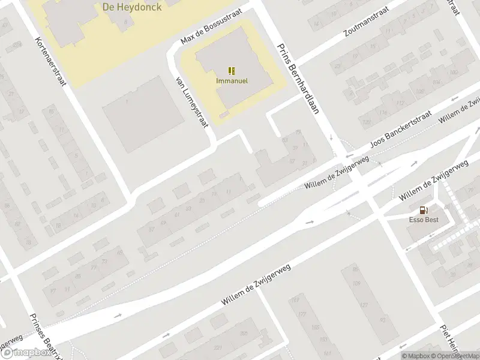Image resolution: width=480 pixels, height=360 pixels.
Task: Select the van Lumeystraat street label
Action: pyautogui.click(x=190, y=101)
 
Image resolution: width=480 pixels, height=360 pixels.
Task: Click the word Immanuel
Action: pyautogui.click(x=232, y=80)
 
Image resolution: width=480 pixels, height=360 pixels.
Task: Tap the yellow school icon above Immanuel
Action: pyautogui.click(x=232, y=70)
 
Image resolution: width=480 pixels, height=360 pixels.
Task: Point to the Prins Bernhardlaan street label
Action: pyautogui.click(x=298, y=79)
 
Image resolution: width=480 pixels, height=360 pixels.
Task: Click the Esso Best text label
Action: pyautogui.click(x=424, y=220)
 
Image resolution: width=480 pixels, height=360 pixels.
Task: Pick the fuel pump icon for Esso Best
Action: pyautogui.click(x=424, y=210)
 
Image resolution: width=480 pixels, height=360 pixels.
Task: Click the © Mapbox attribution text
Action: pyautogui.click(x=415, y=356)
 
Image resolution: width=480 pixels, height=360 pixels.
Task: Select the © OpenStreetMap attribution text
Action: pyautogui.click(x=457, y=356)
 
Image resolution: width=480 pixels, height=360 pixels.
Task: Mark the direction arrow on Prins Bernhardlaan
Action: pyautogui.click(x=331, y=137)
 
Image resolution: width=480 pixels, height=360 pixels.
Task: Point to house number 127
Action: pyautogui.click(x=363, y=305)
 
